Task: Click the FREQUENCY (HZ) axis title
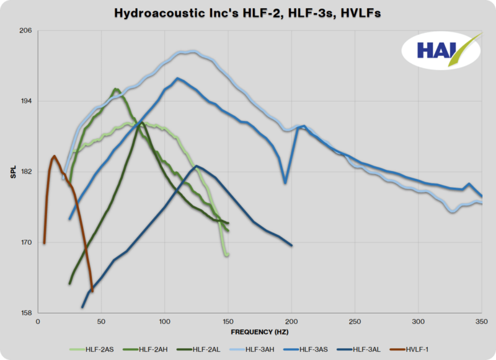click(x=259, y=331)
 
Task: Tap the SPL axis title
click(x=14, y=172)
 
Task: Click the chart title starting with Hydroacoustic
click(x=248, y=13)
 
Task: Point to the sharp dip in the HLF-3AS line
click(x=285, y=182)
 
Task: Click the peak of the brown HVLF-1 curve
click(x=54, y=156)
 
